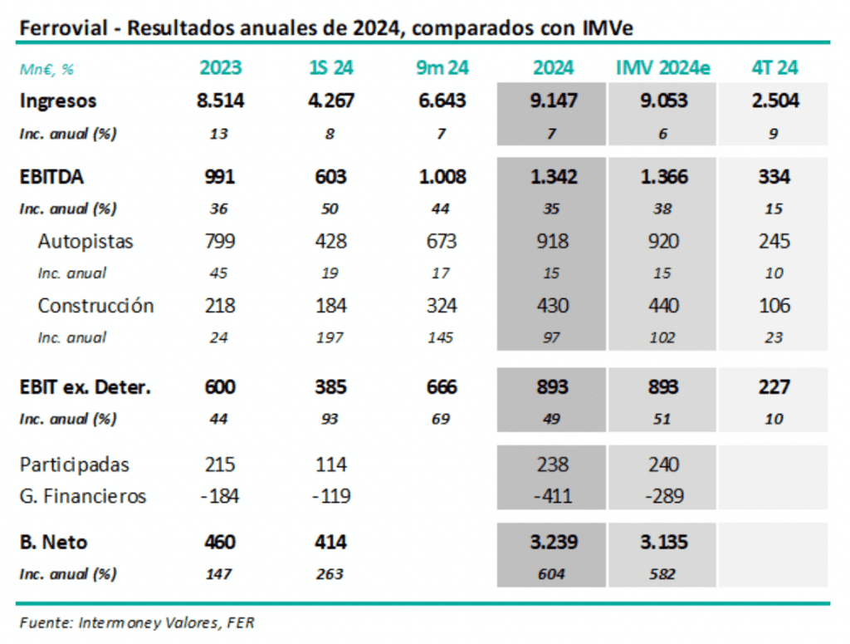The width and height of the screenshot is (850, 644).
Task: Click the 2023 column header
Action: pyautogui.click(x=220, y=68)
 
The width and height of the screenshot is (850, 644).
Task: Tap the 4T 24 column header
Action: pyautogui.click(x=773, y=68)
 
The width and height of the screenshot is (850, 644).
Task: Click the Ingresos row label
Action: pyautogui.click(x=58, y=101)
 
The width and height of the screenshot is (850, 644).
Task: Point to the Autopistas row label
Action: pyautogui.click(x=85, y=242)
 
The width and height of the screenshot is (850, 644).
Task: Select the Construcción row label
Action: pyautogui.click(x=95, y=305)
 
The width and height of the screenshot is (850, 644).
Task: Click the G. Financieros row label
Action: pyautogui.click(x=83, y=496)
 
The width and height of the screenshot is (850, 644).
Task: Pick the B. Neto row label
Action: pyautogui.click(x=54, y=543)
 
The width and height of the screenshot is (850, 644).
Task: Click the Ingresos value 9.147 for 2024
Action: pyautogui.click(x=552, y=101)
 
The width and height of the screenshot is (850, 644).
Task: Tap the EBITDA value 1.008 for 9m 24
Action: pyautogui.click(x=441, y=177)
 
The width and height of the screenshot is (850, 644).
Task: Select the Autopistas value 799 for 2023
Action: pyautogui.click(x=220, y=242)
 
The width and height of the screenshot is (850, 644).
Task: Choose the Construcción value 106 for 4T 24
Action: pyautogui.click(x=773, y=305)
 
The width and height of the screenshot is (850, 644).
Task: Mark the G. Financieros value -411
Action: pyautogui.click(x=552, y=496)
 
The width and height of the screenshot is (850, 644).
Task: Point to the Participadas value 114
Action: pyautogui.click(x=330, y=465)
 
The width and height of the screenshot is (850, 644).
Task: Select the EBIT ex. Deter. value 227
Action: pyautogui.click(x=773, y=387)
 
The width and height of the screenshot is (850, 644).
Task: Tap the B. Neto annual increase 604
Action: pyautogui.click(x=552, y=574)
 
